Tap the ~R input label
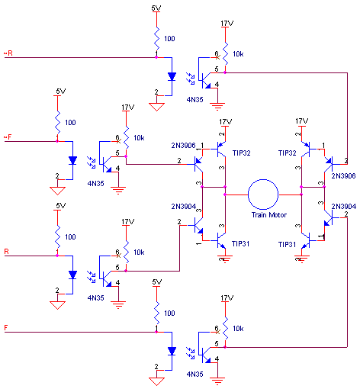coord(8,53)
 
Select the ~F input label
coord(8,137)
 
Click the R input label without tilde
coord(7,252)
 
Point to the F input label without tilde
coord(6,328)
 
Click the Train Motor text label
coord(269,215)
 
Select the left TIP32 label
coord(241,153)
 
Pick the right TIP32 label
coord(288,153)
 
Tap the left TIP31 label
coord(240,243)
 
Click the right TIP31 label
coord(287,244)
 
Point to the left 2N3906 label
coord(183,145)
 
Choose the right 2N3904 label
coord(343,206)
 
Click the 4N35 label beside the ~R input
coord(195,99)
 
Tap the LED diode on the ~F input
coord(72,160)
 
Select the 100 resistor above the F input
coord(156,313)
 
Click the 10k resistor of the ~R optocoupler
coord(225,54)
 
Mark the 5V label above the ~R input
coord(156,8)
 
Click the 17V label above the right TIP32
coord(302,121)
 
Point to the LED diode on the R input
coord(72,275)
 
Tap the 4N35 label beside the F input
coord(195,374)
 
